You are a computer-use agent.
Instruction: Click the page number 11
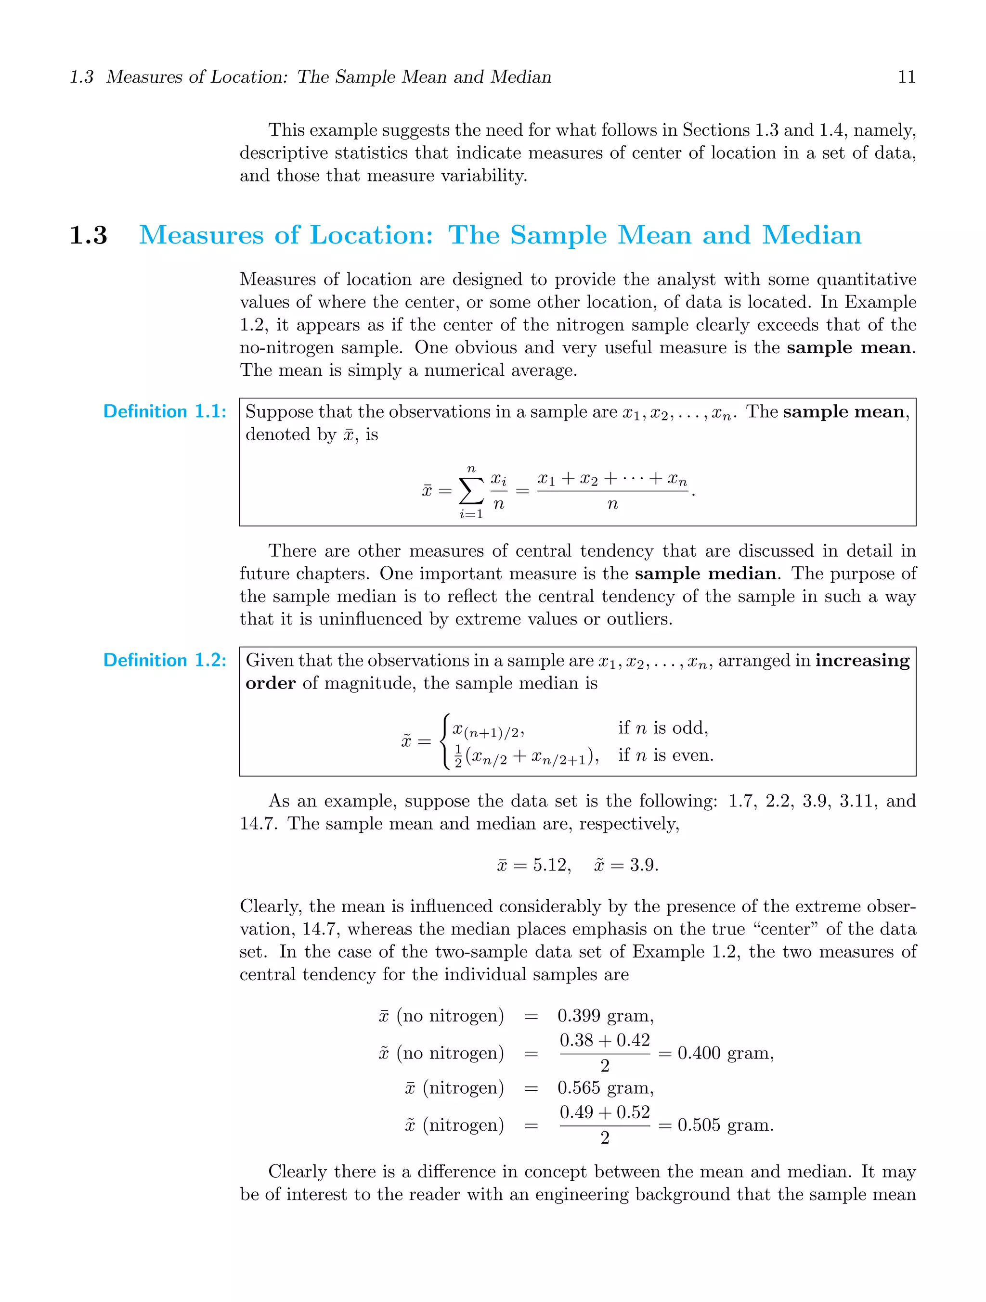907,77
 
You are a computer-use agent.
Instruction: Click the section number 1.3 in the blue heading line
89,235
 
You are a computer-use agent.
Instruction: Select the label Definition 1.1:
164,411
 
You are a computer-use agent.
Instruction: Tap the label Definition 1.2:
164,661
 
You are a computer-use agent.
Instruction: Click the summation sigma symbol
471,490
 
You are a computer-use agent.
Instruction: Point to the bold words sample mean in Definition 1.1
845,411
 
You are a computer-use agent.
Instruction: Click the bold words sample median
705,574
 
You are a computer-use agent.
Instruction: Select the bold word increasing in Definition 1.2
862,661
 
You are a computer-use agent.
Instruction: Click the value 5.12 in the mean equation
551,865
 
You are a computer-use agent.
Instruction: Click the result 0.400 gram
725,1053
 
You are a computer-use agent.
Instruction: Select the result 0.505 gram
725,1125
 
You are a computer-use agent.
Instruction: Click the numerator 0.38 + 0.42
604,1040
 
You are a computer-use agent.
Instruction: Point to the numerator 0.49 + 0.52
604,1112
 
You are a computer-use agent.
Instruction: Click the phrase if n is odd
662,728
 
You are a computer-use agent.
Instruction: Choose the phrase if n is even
665,755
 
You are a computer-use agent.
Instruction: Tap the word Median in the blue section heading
812,235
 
